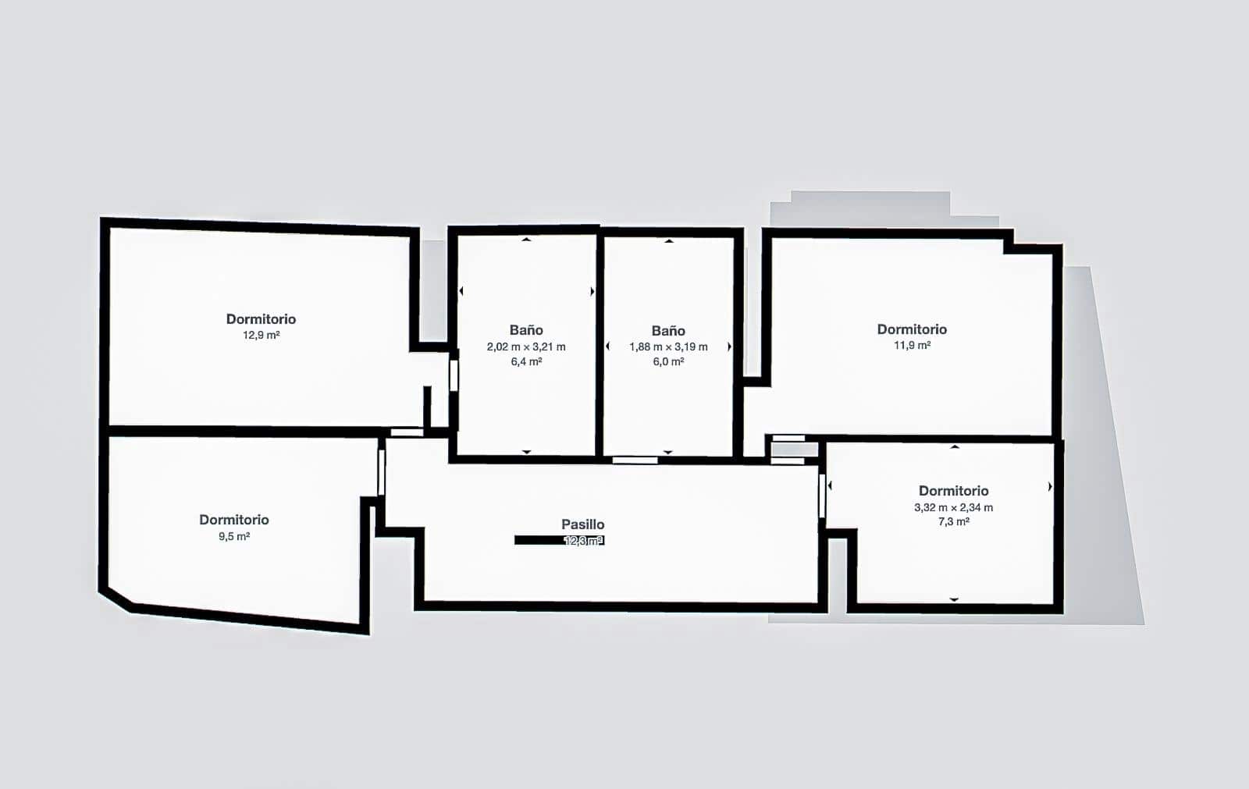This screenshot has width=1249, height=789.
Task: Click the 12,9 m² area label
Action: pyautogui.click(x=261, y=336)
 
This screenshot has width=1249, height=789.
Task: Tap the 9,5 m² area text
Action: pyautogui.click(x=233, y=537)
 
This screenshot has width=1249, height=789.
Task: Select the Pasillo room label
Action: pyautogui.click(x=582, y=524)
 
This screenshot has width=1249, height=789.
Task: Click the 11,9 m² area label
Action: pyautogui.click(x=912, y=346)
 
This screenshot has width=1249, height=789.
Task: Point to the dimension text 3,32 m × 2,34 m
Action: pyautogui.click(x=953, y=507)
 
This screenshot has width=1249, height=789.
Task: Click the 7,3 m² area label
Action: pyautogui.click(x=953, y=522)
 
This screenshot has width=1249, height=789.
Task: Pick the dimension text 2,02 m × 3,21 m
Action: pyautogui.click(x=526, y=347)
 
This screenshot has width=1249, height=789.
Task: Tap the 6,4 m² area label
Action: pyautogui.click(x=526, y=362)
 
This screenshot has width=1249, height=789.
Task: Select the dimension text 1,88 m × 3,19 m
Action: pyautogui.click(x=668, y=347)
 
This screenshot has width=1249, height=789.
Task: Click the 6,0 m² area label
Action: pyautogui.click(x=668, y=362)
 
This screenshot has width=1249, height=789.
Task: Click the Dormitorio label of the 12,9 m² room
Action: pyautogui.click(x=261, y=319)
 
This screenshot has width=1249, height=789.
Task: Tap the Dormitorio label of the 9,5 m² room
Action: pyautogui.click(x=233, y=520)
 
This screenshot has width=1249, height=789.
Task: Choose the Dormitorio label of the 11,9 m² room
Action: pyautogui.click(x=912, y=329)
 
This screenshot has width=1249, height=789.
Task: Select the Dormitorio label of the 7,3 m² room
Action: pyautogui.click(x=953, y=491)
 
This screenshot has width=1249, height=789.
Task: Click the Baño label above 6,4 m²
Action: pyautogui.click(x=526, y=330)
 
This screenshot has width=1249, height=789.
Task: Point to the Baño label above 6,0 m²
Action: pyautogui.click(x=668, y=331)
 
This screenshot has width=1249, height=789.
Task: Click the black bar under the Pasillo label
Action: pyautogui.click(x=539, y=540)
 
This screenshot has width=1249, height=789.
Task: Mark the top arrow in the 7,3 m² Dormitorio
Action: pyautogui.click(x=954, y=447)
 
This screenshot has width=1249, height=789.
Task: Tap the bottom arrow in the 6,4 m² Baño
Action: pyautogui.click(x=526, y=452)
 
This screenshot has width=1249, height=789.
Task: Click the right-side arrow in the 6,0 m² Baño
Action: pyautogui.click(x=730, y=347)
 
